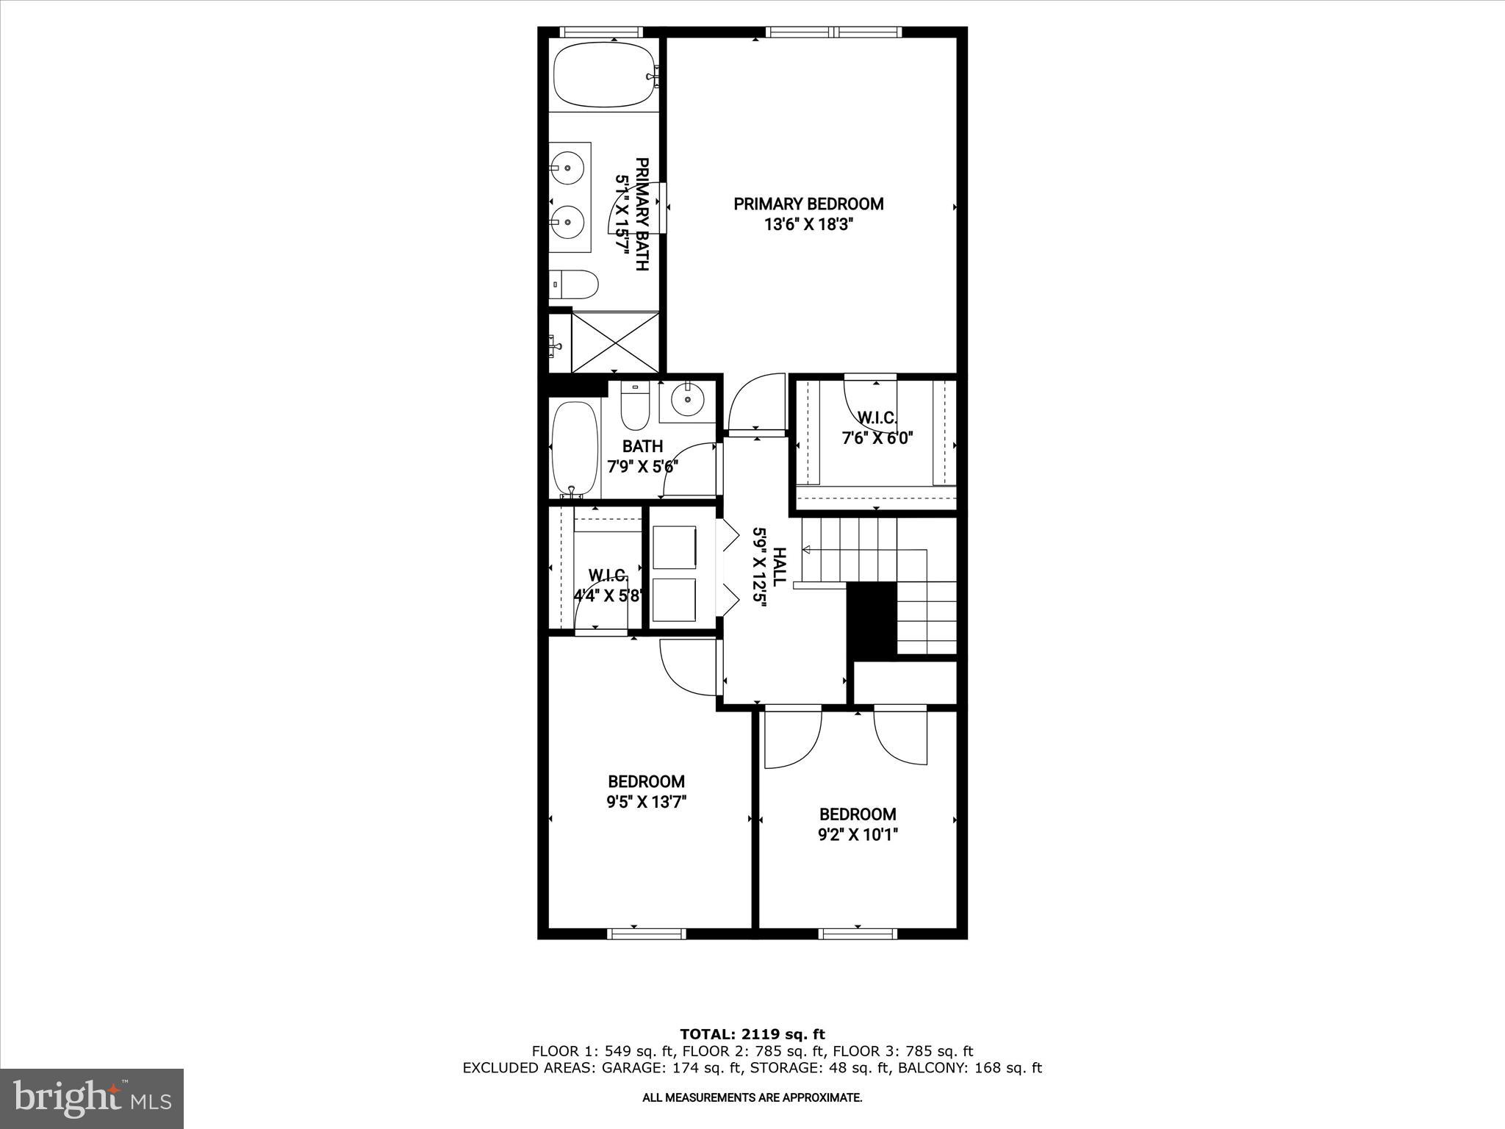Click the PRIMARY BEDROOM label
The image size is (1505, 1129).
(x=808, y=204)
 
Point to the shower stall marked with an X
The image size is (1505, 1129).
(x=615, y=342)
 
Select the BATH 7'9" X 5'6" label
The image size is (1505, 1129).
(x=642, y=456)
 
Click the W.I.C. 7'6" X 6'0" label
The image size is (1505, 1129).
(x=877, y=428)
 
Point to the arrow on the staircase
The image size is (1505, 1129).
(x=807, y=550)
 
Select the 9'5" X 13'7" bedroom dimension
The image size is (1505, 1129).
(x=646, y=802)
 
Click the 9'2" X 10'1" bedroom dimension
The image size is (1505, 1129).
(x=858, y=834)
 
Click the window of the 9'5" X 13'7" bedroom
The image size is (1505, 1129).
(x=647, y=933)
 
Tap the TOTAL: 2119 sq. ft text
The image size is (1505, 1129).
(x=752, y=1034)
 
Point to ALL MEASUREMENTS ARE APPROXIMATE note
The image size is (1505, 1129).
(x=752, y=1098)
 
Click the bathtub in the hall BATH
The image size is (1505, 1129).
(x=575, y=448)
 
